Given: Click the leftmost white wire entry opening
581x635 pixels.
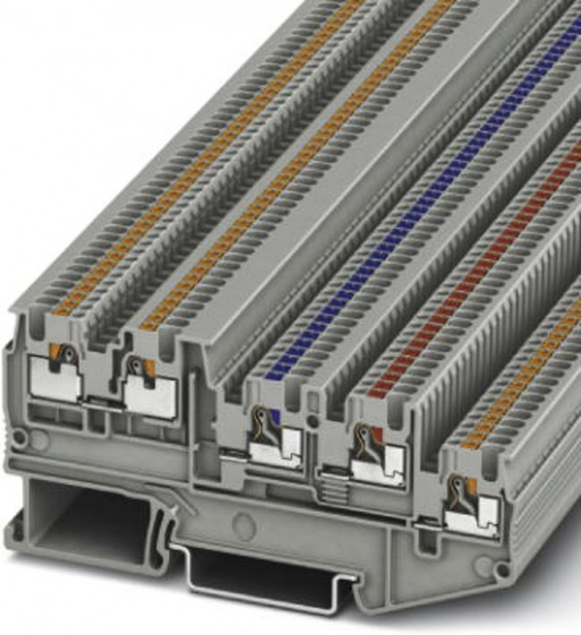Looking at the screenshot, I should (55, 379).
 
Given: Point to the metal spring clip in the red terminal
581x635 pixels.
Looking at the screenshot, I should (363, 441).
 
